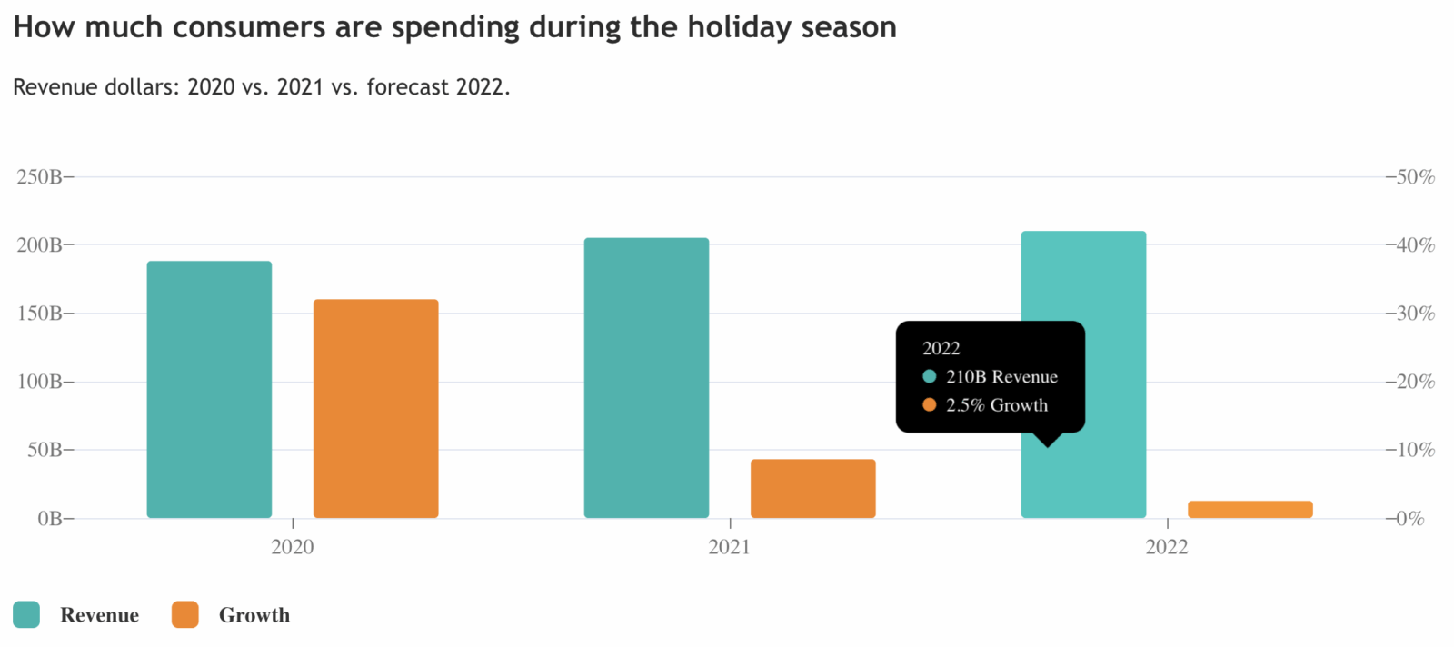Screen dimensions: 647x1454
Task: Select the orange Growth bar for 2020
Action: [375, 408]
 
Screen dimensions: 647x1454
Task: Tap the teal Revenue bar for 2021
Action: [646, 377]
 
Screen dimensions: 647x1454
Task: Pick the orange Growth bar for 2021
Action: [812, 488]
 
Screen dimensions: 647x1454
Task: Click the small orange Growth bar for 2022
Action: [1250, 509]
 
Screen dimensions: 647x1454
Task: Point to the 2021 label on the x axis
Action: [729, 547]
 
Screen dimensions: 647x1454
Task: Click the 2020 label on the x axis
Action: [292, 547]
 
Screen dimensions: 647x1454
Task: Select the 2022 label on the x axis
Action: [1166, 547]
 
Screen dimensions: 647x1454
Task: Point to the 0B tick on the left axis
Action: [50, 518]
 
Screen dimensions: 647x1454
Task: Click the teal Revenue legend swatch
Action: [26, 615]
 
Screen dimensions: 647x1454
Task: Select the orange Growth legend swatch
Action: [184, 615]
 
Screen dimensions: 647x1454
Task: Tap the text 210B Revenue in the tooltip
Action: [1001, 377]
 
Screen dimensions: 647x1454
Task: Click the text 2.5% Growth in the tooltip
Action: [996, 405]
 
